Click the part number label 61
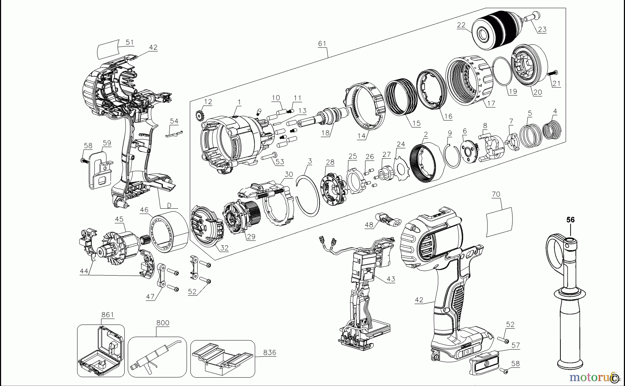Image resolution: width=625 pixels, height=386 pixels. click(x=322, y=43)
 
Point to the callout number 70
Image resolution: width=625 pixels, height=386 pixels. click(x=496, y=194)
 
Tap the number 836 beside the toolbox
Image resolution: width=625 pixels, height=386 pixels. click(x=269, y=353)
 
